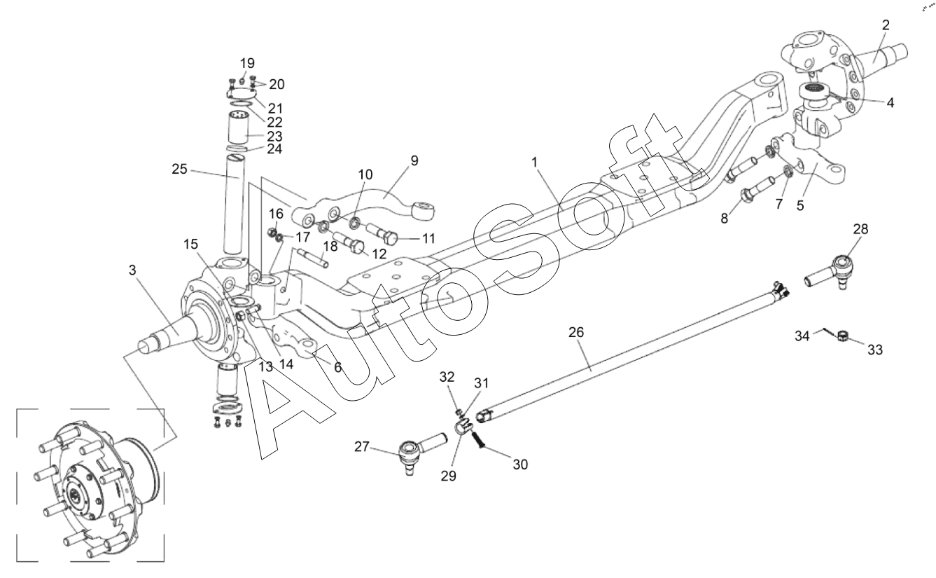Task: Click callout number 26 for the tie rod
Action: click(575, 332)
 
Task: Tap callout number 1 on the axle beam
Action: click(534, 163)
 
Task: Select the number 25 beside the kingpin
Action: click(180, 169)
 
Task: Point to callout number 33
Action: click(875, 349)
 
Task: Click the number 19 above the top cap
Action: click(247, 63)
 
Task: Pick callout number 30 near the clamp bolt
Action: click(520, 465)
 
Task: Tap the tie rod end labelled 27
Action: click(421, 452)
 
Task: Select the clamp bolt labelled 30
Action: click(479, 439)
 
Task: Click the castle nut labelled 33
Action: click(842, 336)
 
